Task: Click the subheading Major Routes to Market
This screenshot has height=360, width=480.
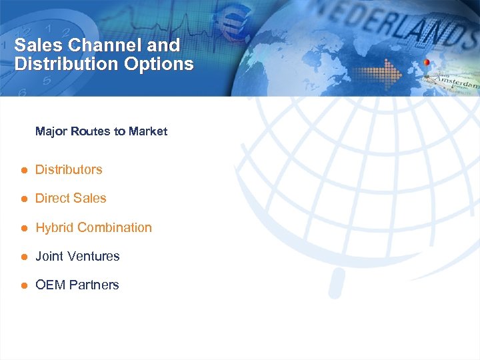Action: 101,131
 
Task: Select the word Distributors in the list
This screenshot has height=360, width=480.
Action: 69,169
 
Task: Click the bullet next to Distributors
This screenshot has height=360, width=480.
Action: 23,170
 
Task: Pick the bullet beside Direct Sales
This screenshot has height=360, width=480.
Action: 23,199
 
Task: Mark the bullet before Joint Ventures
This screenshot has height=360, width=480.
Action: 23,257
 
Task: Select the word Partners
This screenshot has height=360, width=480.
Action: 93,285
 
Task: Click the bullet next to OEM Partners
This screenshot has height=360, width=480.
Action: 23,285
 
